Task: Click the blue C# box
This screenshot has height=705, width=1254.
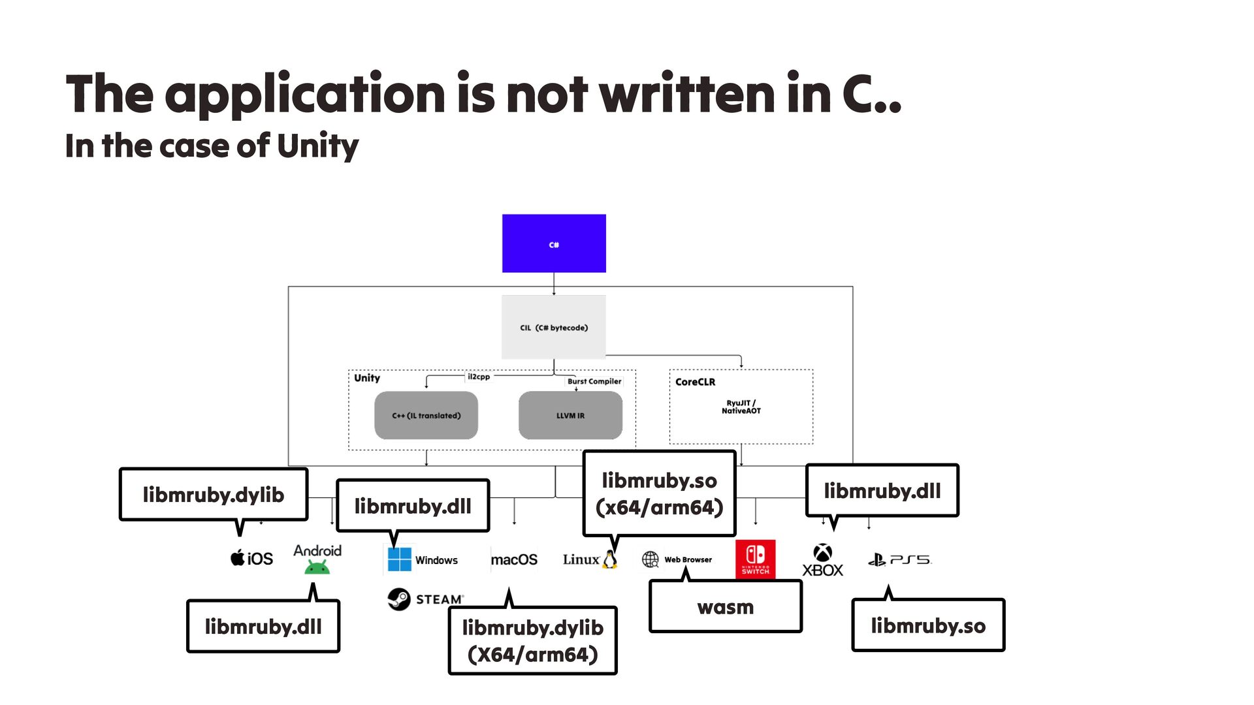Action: click(554, 243)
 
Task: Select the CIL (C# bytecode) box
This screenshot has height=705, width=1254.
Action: click(554, 327)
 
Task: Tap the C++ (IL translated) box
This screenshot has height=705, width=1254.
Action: click(426, 415)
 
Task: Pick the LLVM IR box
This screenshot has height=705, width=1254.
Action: click(570, 415)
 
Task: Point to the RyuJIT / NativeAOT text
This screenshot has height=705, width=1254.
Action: click(741, 407)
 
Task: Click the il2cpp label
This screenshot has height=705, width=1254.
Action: click(478, 377)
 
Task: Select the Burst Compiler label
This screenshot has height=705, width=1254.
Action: click(594, 381)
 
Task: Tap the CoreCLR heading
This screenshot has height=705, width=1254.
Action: click(695, 382)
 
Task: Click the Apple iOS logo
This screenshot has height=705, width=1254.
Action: click(238, 558)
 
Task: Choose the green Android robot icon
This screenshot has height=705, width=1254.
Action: click(317, 567)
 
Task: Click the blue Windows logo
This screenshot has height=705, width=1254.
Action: click(399, 559)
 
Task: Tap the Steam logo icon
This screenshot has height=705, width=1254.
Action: click(399, 599)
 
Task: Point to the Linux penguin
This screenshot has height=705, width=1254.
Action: click(610, 559)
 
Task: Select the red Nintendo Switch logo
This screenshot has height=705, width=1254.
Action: click(755, 559)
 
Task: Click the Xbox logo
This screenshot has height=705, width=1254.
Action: click(822, 554)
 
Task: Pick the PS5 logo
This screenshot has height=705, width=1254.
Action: click(900, 559)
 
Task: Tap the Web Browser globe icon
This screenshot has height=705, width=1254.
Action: click(651, 559)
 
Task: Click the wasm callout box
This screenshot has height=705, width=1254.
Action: click(725, 607)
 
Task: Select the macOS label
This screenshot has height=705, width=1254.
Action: click(514, 559)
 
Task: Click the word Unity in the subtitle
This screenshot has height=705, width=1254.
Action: click(317, 146)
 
